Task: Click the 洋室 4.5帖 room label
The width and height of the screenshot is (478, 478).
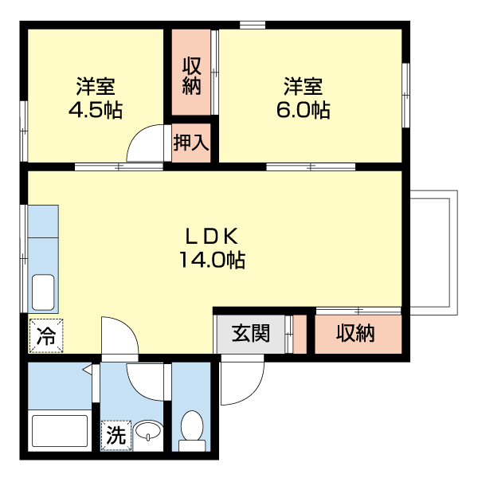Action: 95,98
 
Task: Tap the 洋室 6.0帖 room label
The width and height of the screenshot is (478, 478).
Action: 303,98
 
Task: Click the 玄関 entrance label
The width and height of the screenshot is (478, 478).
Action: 250,334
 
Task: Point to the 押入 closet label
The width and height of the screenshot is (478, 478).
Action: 191,143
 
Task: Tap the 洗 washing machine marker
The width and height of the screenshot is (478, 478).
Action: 116,435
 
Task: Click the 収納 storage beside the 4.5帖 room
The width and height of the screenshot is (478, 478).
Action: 190,75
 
